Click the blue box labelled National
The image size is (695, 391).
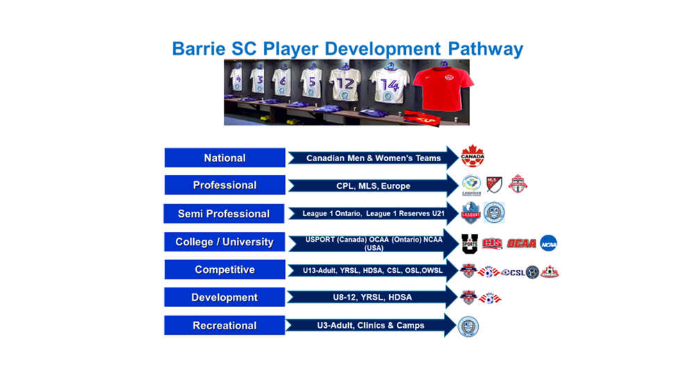coord(224,158)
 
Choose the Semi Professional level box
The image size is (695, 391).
coord(224,213)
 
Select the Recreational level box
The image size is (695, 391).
coord(224,325)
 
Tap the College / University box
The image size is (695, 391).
coord(224,242)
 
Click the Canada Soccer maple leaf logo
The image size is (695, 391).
coord(473,156)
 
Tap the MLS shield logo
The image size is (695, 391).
coord(494,184)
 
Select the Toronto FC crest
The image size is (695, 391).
coord(518,183)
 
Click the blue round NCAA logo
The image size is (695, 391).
coord(549,243)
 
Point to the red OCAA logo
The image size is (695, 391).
coord(521,244)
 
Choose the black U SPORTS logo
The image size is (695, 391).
coord(471,243)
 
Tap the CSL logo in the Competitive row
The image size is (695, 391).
coord(514,272)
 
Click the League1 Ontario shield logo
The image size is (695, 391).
coord(472,213)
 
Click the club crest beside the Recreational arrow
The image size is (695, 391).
coord(468,326)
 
